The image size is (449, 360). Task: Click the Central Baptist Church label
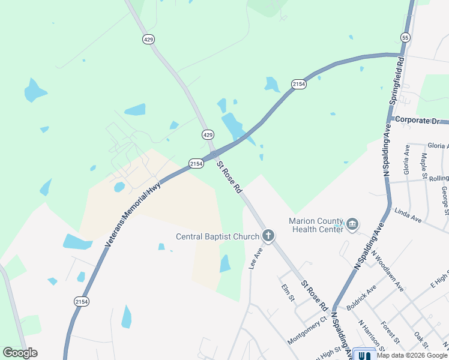coord(217,236)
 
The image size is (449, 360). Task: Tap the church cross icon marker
coord(268,236)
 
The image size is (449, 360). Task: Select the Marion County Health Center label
coord(316,224)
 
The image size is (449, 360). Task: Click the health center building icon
coord(352,225)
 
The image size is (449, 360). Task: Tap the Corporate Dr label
coord(418,121)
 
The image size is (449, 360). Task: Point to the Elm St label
coord(289,293)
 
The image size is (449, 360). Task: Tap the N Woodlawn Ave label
coord(388,271)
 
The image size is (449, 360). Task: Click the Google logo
coord(20,353)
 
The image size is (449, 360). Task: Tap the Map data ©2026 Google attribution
coord(412,355)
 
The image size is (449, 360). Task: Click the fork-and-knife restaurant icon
coord(364,355)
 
